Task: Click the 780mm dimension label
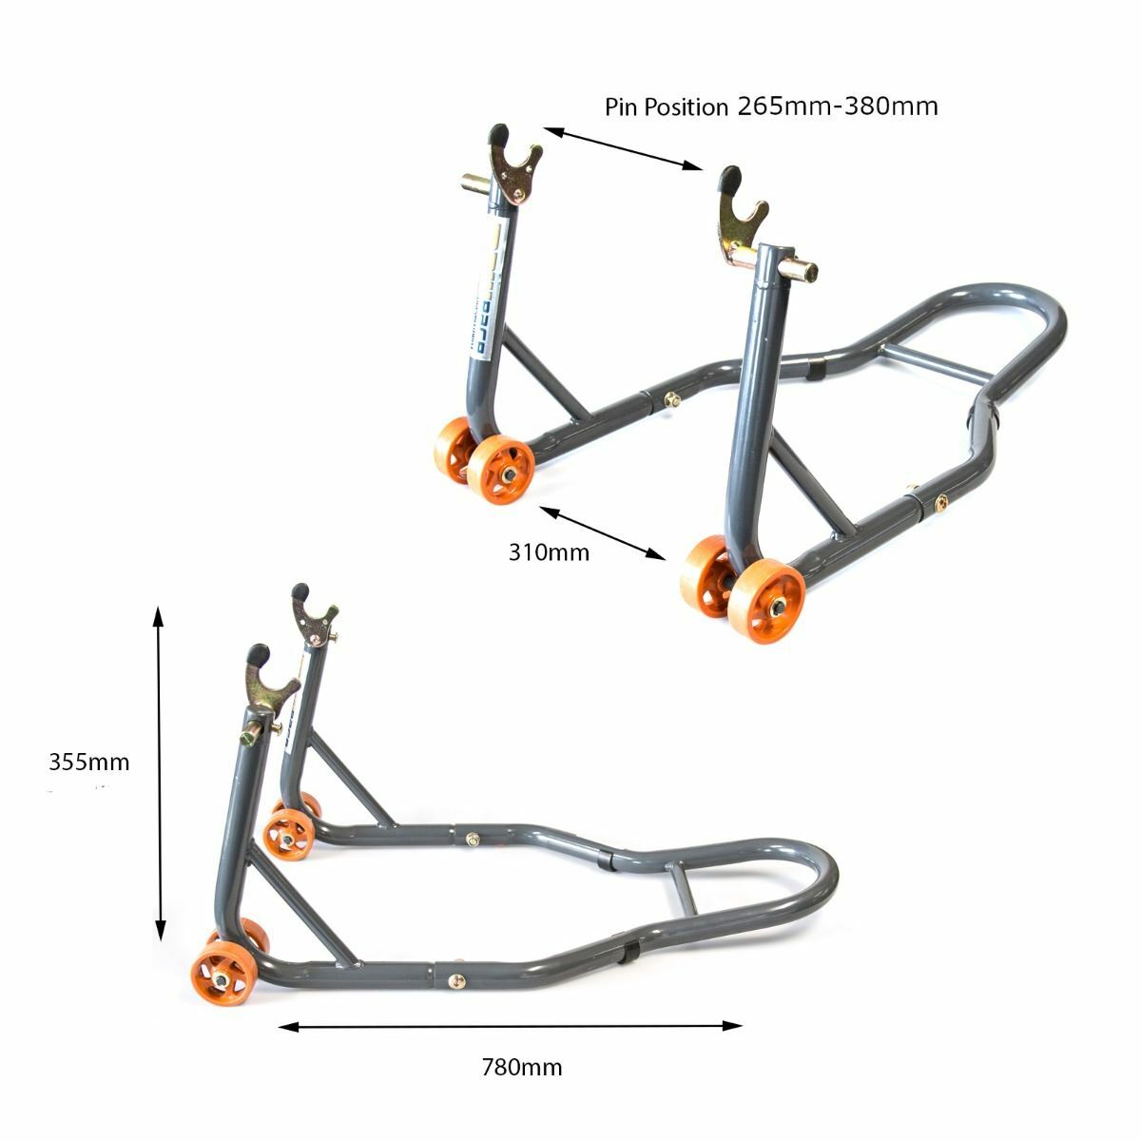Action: pos(522,1067)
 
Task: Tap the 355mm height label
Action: pos(88,762)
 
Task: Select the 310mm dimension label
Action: pos(549,551)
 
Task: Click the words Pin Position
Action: pos(666,106)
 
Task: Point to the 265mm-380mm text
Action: pos(838,106)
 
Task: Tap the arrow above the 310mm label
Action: pos(603,532)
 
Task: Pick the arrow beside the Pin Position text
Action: pos(623,148)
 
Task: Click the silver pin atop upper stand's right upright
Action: pos(799,269)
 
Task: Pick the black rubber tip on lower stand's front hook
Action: pos(258,655)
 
